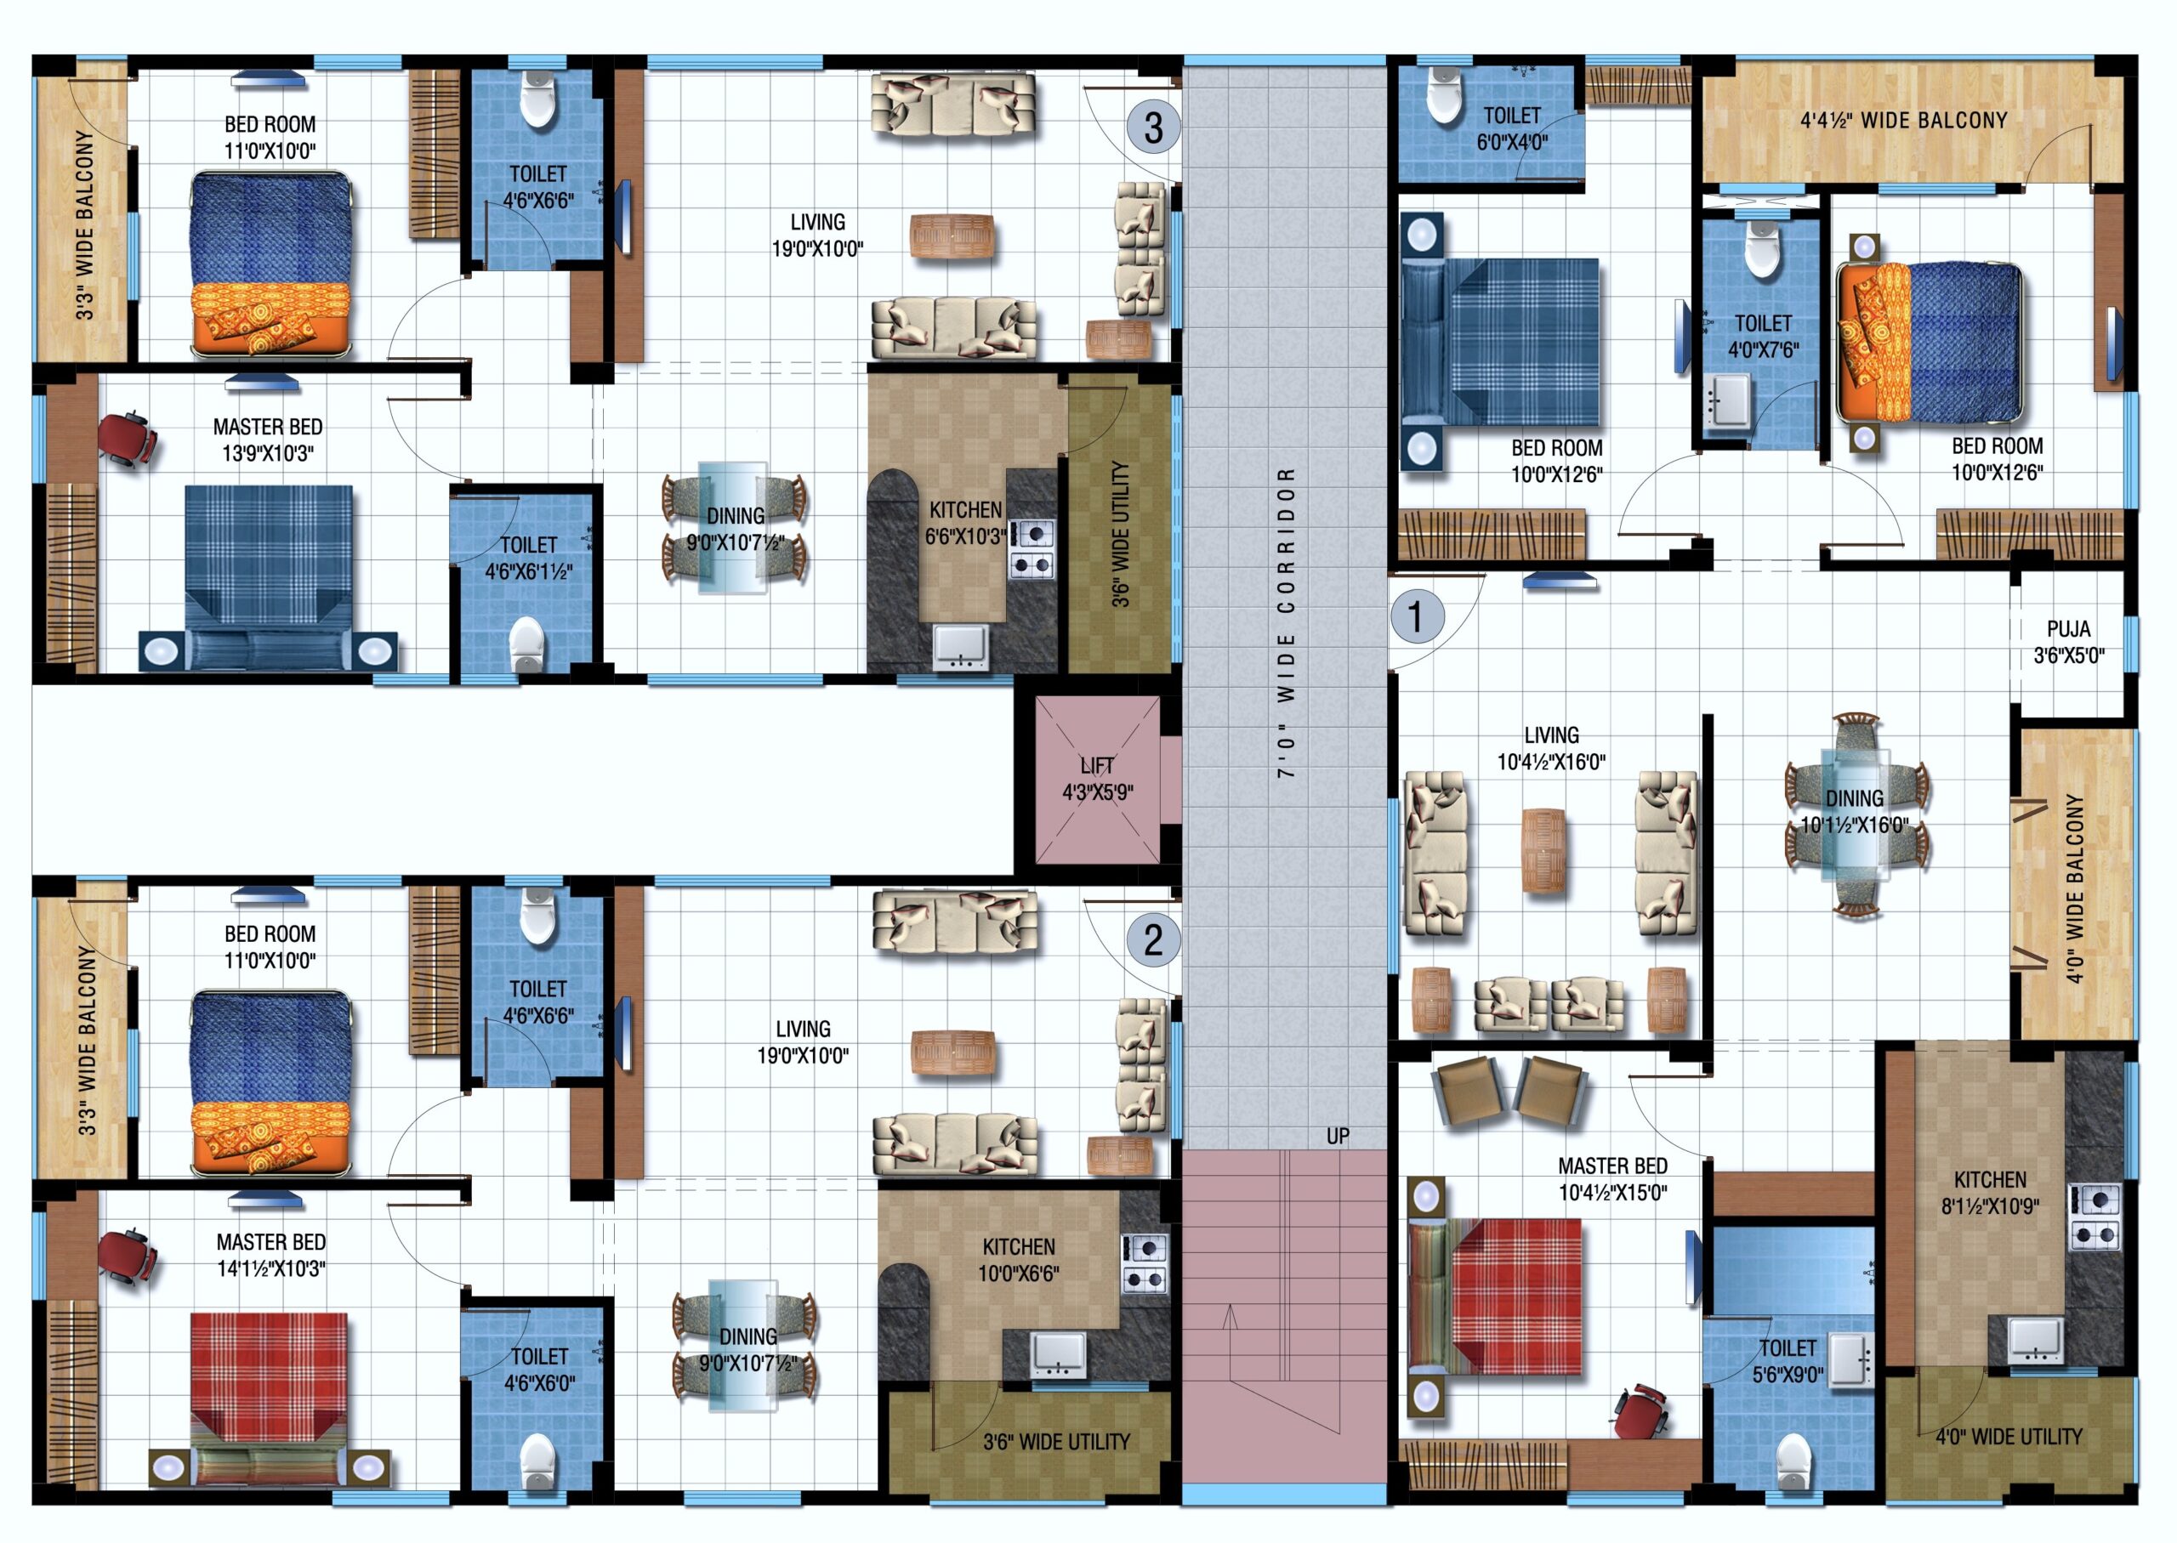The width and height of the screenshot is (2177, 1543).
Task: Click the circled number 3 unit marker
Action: (x=1154, y=127)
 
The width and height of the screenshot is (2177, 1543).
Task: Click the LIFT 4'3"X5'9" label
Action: (x=1098, y=779)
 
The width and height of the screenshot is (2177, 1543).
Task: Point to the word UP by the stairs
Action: (x=1338, y=1137)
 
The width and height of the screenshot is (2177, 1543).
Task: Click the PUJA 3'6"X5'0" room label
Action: (x=2069, y=641)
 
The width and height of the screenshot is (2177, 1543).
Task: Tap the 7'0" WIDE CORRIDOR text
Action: (x=1286, y=622)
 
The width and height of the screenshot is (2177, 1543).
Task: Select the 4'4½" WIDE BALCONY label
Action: (x=1903, y=121)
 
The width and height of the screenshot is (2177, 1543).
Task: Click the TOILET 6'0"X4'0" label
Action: (x=1512, y=129)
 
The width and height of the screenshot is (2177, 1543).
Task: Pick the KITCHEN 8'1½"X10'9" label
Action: (x=1991, y=1193)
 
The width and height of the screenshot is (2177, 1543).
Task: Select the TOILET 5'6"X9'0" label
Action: (x=1788, y=1360)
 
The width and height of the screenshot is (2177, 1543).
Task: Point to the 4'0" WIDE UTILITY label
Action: (x=2009, y=1437)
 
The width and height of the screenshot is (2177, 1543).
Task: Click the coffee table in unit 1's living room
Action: (x=1543, y=849)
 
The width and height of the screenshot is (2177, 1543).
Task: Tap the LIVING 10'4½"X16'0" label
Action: (x=1551, y=748)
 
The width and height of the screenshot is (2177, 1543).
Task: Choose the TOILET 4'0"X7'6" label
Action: (x=1763, y=337)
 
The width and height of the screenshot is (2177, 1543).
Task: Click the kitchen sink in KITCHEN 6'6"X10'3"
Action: (x=961, y=647)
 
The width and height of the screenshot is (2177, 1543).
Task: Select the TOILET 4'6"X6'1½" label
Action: (x=528, y=558)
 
